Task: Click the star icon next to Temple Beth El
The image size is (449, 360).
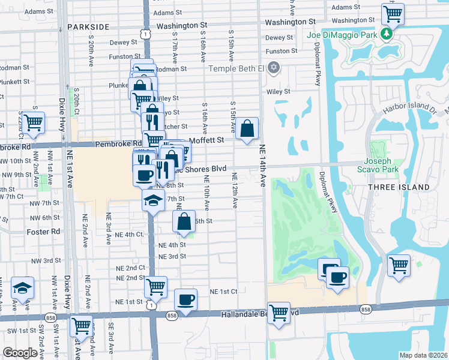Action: tap(274, 67)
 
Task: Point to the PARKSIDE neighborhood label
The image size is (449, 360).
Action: tap(88, 27)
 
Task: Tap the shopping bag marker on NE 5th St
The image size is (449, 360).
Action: tap(184, 220)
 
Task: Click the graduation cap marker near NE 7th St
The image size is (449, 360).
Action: tap(154, 200)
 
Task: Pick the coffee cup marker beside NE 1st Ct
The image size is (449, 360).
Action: tap(185, 299)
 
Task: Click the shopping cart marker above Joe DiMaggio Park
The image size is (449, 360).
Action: tap(393, 13)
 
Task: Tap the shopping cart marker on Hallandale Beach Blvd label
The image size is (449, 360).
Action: tap(279, 312)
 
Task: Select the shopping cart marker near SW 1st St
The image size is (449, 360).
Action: tap(81, 326)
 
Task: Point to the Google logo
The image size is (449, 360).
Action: tap(19, 353)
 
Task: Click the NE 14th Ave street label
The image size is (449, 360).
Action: tap(263, 166)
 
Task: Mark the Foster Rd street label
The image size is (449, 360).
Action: tap(44, 231)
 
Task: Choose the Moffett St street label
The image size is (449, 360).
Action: tap(206, 140)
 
